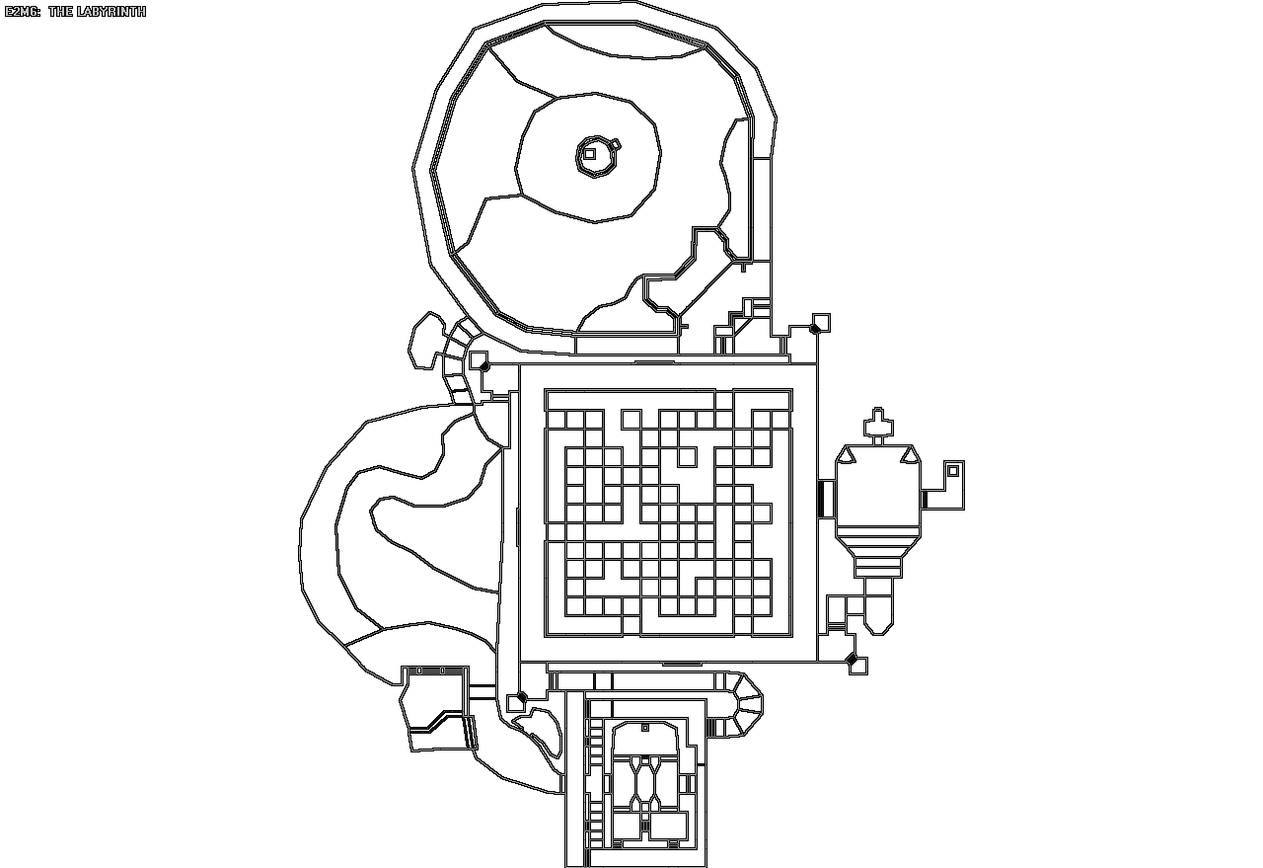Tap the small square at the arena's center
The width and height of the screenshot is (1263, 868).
coord(589,153)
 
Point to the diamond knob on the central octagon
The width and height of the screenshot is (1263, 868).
coord(614,145)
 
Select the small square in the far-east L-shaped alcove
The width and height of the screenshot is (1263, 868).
coord(952,471)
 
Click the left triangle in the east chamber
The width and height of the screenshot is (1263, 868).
coord(847,457)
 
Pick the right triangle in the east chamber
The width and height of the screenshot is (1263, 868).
coord(910,457)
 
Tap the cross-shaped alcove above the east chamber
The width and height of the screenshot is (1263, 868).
coord(876,426)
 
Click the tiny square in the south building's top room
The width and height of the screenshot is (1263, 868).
coord(645,728)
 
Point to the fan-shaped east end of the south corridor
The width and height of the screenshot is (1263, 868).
coord(745,703)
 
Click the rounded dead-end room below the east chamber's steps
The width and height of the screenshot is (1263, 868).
coord(878,612)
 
